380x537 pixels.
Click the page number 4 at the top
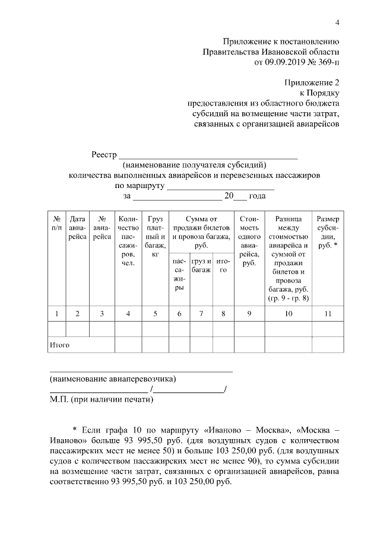[x=337, y=23]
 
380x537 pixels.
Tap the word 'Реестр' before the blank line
[x=104, y=155]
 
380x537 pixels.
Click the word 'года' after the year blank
[x=257, y=196]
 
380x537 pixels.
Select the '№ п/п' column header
[x=56, y=224]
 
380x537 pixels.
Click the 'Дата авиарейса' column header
[x=78, y=228]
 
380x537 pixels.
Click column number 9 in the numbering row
[x=249, y=314]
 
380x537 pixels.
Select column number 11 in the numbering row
[x=328, y=314]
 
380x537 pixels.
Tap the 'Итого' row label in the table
[x=59, y=345]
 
